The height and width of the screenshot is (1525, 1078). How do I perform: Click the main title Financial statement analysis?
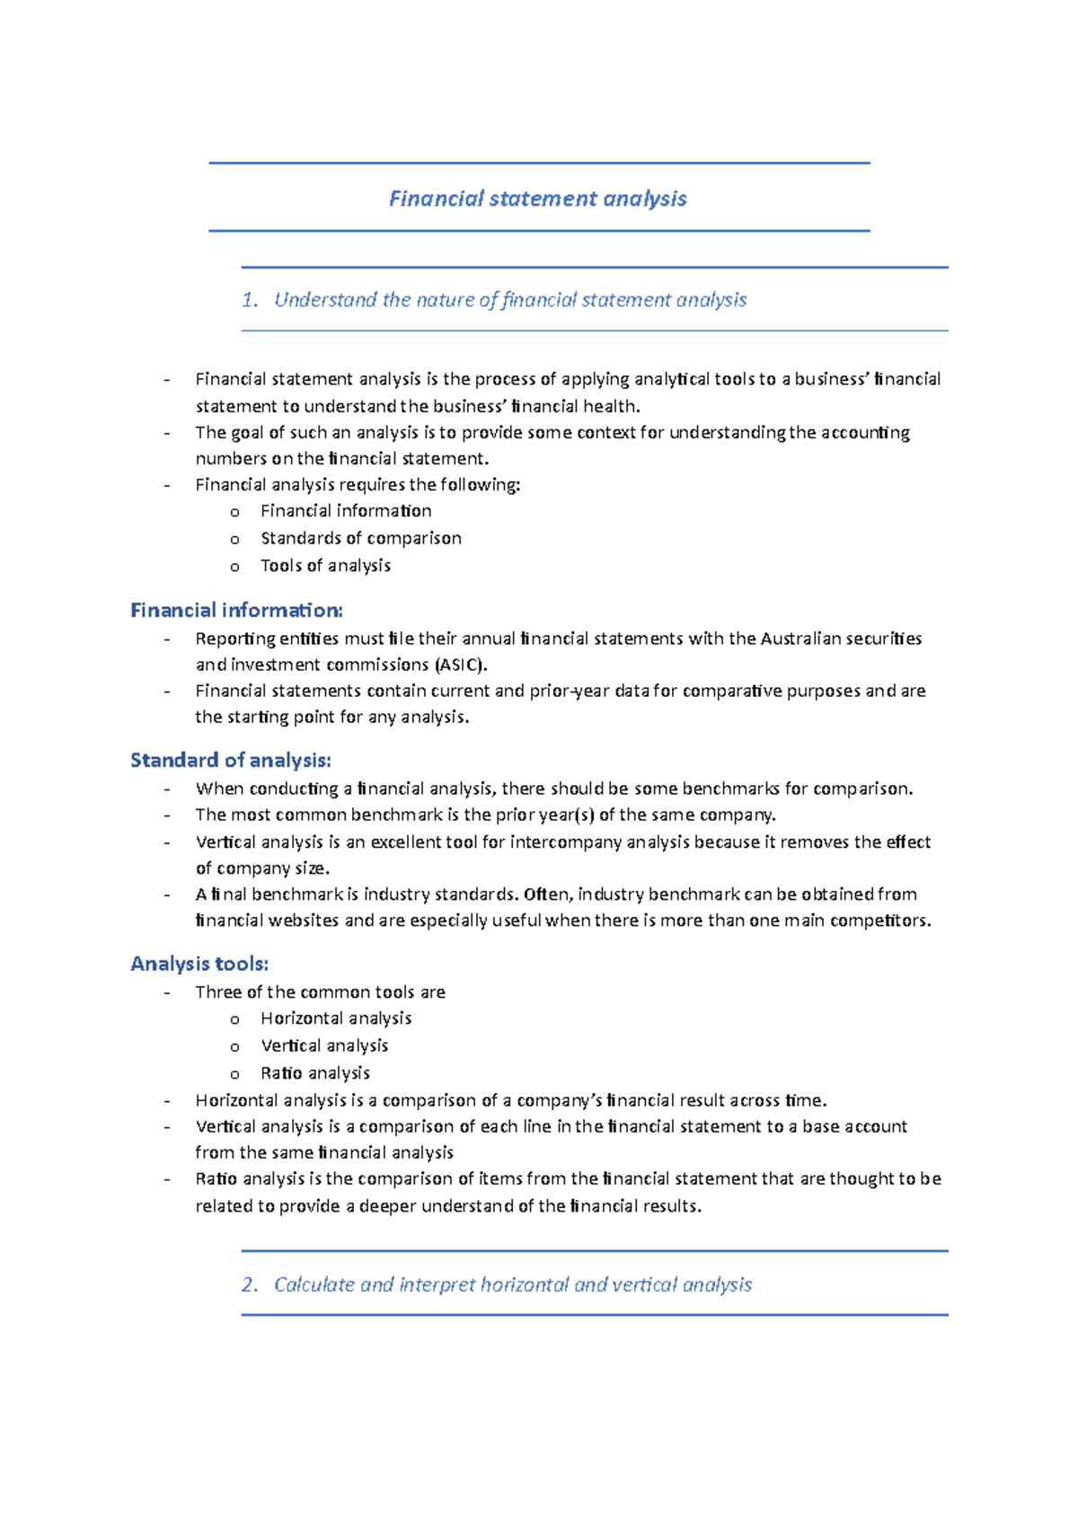click(537, 198)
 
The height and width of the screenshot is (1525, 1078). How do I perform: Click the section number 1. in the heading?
click(250, 300)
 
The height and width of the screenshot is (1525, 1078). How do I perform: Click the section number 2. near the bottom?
click(250, 1284)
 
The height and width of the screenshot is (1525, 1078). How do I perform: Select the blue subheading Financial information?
click(236, 611)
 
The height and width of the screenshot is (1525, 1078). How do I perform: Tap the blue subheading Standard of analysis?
click(231, 761)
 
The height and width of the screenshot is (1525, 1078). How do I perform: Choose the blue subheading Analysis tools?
click(199, 964)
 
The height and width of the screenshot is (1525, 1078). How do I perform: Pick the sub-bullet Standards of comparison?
click(360, 538)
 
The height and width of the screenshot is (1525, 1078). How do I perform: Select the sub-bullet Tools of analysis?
click(325, 566)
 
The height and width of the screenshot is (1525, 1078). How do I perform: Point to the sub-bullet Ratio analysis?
click(314, 1073)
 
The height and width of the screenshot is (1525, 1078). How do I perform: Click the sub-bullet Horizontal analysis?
click(336, 1018)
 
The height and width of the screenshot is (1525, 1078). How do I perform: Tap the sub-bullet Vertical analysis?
click(324, 1045)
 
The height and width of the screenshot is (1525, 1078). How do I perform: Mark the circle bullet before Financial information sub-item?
click(234, 512)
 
